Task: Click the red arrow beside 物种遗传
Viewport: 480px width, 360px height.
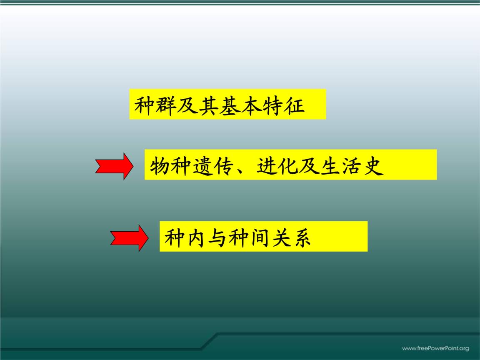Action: [114, 166]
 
